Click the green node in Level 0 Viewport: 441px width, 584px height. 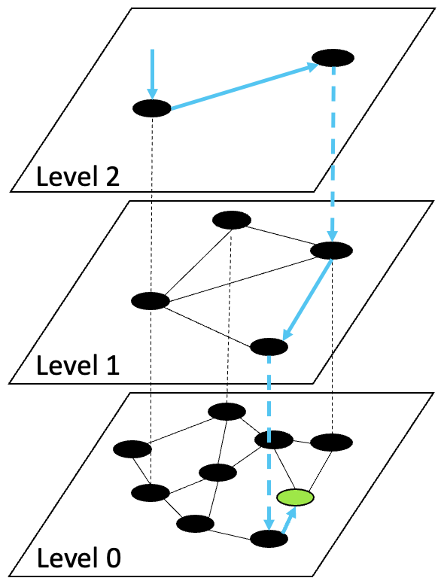pos(294,497)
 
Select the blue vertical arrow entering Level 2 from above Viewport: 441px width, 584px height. pos(152,73)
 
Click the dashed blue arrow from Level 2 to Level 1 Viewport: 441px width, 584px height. pos(333,151)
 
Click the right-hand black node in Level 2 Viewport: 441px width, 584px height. pos(333,58)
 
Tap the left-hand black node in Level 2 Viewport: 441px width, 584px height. pos(152,108)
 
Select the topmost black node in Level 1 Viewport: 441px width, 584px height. pos(231,220)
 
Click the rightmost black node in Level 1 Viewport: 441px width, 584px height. pos(331,251)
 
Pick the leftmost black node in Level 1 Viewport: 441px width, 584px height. pos(151,301)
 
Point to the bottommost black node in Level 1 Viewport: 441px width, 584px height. pos(269,346)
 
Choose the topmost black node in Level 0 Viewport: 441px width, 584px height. pos(227,411)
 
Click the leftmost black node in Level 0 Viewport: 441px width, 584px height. pos(133,449)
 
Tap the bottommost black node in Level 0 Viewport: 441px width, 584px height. pos(269,539)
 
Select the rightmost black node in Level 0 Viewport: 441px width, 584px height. pos(331,442)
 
